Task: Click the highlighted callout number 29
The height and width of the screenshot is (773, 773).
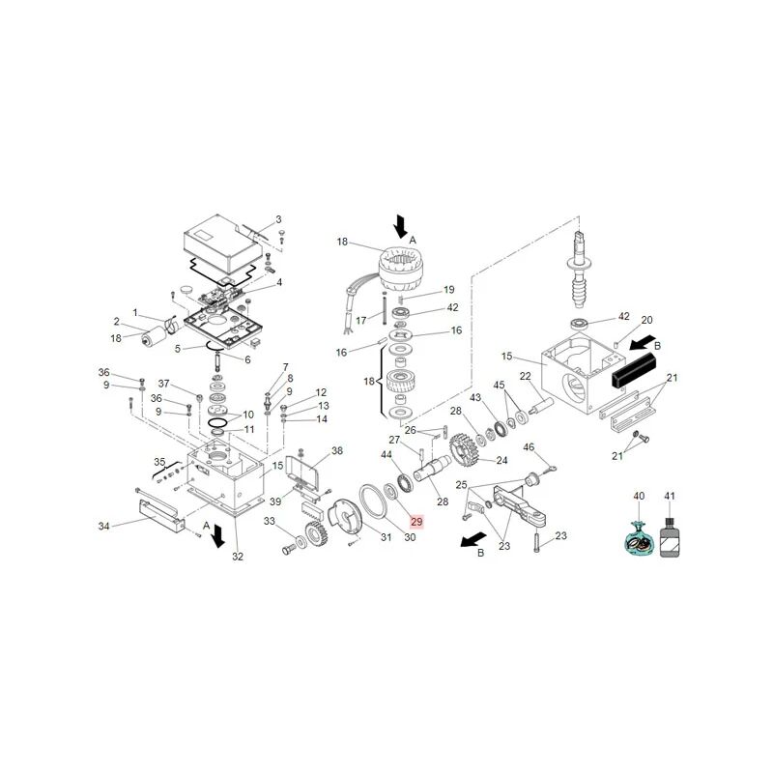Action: click(x=415, y=522)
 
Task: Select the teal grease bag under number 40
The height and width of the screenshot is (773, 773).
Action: click(x=637, y=539)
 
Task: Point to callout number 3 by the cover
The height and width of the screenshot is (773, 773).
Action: click(x=278, y=219)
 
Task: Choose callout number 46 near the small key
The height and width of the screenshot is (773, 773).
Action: click(x=529, y=446)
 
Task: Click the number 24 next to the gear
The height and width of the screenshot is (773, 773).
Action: click(x=501, y=460)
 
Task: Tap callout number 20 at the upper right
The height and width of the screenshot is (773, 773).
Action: click(x=648, y=320)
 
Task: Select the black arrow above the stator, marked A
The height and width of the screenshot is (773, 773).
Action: click(x=400, y=227)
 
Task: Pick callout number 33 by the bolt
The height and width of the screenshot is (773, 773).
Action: click(x=271, y=522)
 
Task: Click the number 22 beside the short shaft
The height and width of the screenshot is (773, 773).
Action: click(x=527, y=376)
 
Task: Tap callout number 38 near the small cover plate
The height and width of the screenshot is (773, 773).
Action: click(x=336, y=450)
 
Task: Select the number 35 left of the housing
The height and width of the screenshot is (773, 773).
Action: click(x=160, y=461)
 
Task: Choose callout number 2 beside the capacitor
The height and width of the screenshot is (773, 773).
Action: click(x=116, y=322)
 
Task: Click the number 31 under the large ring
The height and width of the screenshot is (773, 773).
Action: click(x=386, y=537)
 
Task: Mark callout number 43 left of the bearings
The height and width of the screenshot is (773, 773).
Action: click(x=474, y=398)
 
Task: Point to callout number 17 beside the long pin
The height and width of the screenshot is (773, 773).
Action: click(x=361, y=320)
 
